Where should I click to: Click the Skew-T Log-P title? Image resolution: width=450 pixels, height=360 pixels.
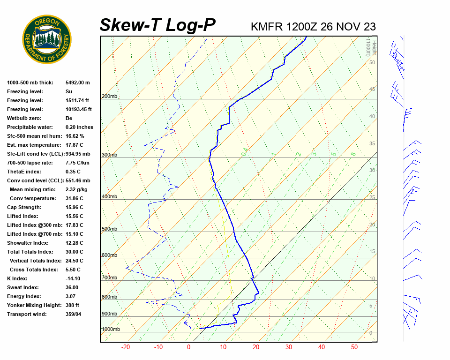(157, 25)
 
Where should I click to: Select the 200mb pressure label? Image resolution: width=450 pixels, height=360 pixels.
(109, 97)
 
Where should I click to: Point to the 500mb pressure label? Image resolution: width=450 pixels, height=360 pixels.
(109, 229)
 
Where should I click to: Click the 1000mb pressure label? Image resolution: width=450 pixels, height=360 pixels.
(111, 330)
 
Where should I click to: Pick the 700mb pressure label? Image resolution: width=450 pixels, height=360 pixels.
(109, 278)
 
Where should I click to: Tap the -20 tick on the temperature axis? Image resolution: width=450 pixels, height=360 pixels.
(126, 347)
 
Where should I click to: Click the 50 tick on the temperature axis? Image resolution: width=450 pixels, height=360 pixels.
(354, 347)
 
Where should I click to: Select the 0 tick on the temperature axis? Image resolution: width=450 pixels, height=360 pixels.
(188, 347)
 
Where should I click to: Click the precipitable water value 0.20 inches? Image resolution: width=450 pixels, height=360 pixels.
(79, 127)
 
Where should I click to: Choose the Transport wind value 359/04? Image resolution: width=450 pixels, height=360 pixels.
(75, 314)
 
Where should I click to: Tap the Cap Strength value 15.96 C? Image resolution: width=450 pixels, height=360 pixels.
(74, 207)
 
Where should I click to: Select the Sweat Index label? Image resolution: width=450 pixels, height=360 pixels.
(23, 287)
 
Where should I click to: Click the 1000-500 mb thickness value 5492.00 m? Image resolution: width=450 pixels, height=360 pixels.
(77, 82)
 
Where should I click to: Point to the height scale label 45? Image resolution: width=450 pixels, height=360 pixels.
(372, 90)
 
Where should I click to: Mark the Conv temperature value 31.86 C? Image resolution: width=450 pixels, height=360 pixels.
(74, 198)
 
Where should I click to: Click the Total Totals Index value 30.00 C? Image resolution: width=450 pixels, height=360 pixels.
(74, 252)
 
